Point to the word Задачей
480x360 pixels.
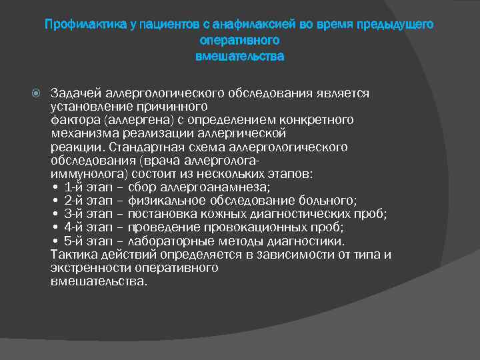[73, 94]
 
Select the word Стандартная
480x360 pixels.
[141, 147]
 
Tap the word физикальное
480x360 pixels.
[163, 201]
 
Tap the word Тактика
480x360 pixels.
[73, 255]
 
